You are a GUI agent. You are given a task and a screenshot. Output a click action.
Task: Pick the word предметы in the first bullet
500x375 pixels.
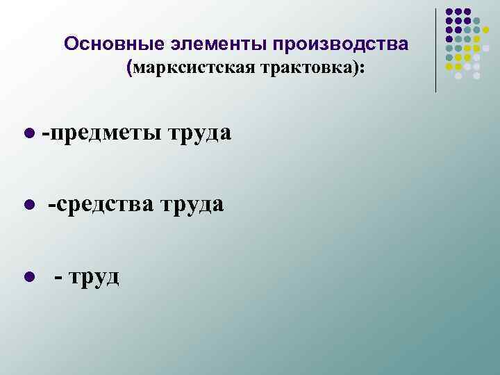(x=108, y=132)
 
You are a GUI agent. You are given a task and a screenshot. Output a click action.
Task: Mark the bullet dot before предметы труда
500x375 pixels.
(x=28, y=133)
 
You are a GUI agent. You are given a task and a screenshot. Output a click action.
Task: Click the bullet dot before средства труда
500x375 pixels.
(x=28, y=206)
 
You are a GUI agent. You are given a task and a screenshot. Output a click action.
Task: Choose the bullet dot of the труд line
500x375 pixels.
(x=28, y=278)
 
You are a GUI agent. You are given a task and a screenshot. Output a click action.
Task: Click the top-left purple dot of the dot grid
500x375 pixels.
(x=449, y=12)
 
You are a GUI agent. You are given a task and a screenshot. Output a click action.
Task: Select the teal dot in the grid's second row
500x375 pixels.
(x=476, y=22)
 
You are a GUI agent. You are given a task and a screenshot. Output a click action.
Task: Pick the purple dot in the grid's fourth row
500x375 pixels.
(x=449, y=40)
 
